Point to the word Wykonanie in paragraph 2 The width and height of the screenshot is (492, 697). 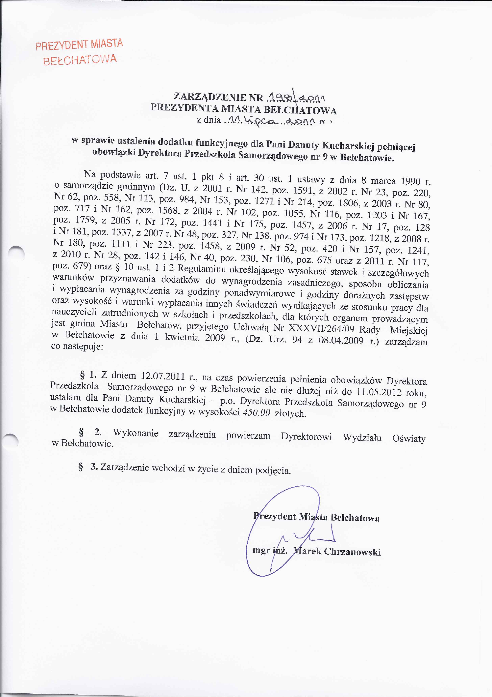coord(135,433)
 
